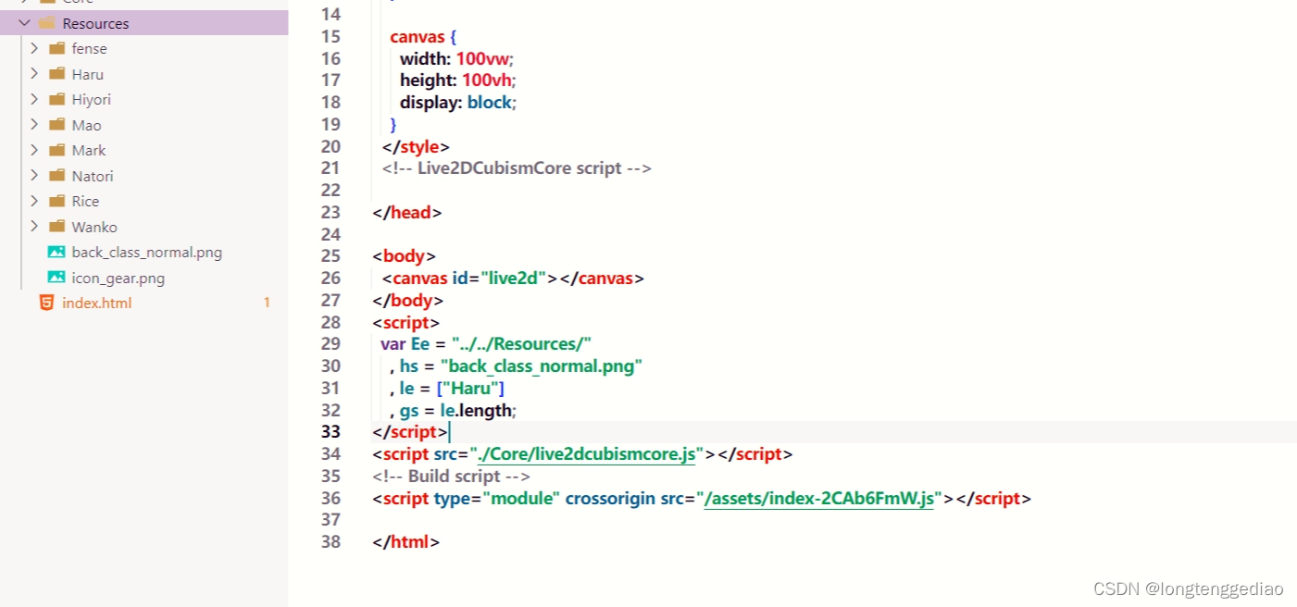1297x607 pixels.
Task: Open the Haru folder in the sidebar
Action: tap(88, 74)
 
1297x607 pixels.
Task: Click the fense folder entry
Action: tap(89, 48)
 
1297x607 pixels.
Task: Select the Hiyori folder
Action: tap(91, 99)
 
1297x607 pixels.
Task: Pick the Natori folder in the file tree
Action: tap(93, 176)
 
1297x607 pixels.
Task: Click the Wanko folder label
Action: tap(94, 227)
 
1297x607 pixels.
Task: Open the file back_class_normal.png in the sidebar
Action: tap(146, 252)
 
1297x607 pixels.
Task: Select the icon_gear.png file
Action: tap(118, 278)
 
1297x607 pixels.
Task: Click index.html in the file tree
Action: tap(96, 303)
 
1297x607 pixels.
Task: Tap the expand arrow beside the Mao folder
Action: tap(34, 125)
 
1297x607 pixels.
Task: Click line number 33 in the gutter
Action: tap(330, 432)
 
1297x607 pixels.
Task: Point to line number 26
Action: tap(330, 278)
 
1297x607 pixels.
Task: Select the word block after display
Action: tap(489, 103)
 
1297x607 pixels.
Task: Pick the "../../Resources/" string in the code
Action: tap(521, 344)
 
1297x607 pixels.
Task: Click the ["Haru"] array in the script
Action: tap(470, 388)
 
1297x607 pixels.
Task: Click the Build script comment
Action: tap(452, 477)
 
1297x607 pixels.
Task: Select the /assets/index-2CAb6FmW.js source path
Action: tap(820, 499)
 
